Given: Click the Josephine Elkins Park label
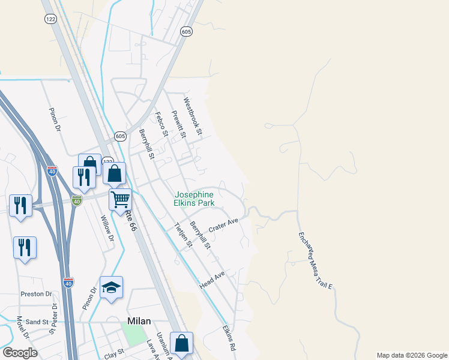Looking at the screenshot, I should click(194, 199).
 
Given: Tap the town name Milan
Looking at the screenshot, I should click(139, 321).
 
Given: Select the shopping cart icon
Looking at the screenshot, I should click(121, 199).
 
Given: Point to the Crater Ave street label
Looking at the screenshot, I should click(223, 226).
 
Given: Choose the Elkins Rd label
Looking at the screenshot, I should click(229, 338).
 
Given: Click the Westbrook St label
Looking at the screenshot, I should click(194, 116).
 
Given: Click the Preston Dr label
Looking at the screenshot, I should click(36, 294).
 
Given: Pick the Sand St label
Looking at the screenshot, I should click(37, 322).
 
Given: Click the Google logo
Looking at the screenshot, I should click(20, 353).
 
